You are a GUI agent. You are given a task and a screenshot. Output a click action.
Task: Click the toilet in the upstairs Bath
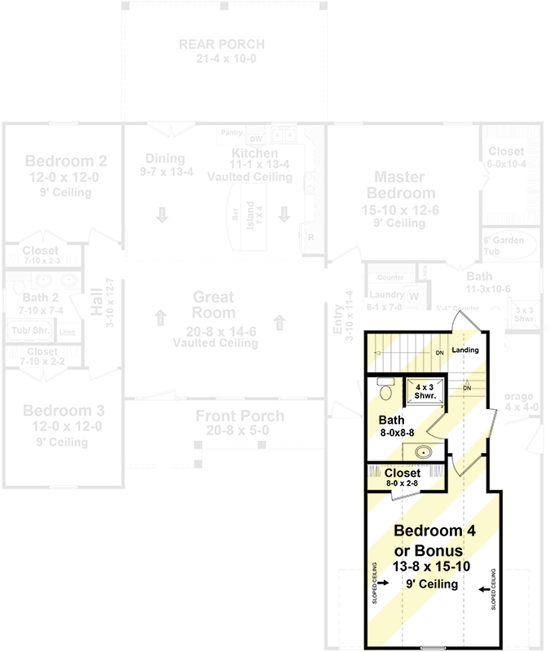click(x=386, y=394)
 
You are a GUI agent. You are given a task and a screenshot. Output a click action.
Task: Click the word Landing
click(x=465, y=350)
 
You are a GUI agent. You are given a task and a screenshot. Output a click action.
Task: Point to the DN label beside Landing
click(x=438, y=352)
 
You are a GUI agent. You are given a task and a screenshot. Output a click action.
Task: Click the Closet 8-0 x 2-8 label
click(x=402, y=478)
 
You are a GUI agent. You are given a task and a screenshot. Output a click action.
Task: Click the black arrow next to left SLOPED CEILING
click(x=384, y=583)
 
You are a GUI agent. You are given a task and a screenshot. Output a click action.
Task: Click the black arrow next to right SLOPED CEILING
click(x=484, y=588)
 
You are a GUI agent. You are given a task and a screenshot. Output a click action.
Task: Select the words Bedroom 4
click(x=434, y=531)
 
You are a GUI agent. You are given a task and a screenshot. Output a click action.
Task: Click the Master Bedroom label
click(x=400, y=185)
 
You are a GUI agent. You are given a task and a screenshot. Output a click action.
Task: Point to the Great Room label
click(x=213, y=305)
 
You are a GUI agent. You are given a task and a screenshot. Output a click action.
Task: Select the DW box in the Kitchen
click(x=256, y=139)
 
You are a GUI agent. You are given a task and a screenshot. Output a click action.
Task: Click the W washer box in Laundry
click(x=412, y=296)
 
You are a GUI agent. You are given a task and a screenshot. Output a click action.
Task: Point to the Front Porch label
click(x=240, y=416)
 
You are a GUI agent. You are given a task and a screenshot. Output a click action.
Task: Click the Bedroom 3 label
click(x=62, y=410)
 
